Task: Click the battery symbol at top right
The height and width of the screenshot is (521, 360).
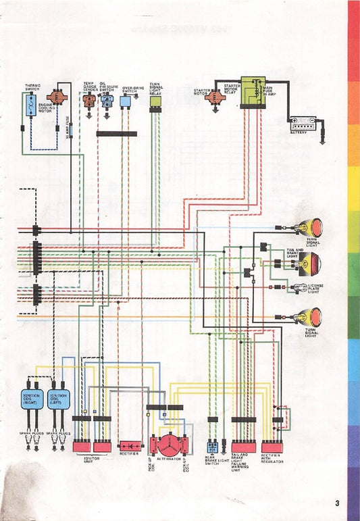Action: click(303, 123)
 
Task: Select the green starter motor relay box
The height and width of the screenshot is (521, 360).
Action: click(251, 96)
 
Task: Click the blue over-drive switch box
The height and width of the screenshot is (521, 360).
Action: click(126, 101)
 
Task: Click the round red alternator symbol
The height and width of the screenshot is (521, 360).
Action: click(164, 446)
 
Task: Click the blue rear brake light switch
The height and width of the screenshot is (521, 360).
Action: click(213, 447)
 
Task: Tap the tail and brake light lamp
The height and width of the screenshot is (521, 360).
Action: click(313, 264)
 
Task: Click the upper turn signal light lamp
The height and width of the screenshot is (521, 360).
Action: click(314, 226)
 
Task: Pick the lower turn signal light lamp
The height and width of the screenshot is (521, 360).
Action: click(314, 316)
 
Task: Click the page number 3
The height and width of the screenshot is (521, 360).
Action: click(336, 503)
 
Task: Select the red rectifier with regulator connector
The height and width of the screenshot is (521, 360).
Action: click(272, 447)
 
